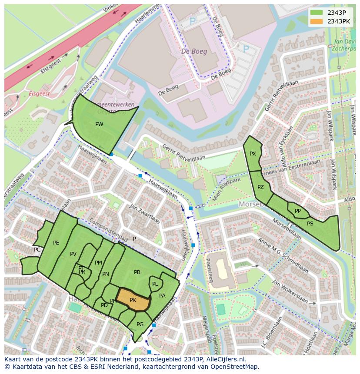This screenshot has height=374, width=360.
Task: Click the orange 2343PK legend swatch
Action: click(317, 21)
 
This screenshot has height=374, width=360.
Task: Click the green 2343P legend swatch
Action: click(317, 13)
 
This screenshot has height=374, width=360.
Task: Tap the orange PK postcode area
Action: click(133, 300)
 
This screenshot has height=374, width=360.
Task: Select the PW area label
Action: click(99, 124)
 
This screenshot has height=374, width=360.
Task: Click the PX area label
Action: click(253, 154)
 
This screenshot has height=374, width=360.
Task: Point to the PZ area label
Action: click(260, 187)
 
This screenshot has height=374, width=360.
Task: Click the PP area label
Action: click(298, 211)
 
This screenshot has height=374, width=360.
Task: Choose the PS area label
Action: click(310, 224)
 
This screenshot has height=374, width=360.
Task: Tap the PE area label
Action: click(56, 243)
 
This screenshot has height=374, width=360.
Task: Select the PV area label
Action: click(73, 254)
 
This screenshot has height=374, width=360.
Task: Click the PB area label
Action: click(137, 272)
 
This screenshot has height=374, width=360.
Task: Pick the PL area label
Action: click(155, 284)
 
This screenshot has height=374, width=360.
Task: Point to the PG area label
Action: click(140, 324)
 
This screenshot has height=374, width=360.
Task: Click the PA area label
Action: click(162, 296)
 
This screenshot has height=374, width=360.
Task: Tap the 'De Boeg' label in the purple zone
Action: click(192, 51)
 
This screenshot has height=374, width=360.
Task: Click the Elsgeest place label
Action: click(39, 93)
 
